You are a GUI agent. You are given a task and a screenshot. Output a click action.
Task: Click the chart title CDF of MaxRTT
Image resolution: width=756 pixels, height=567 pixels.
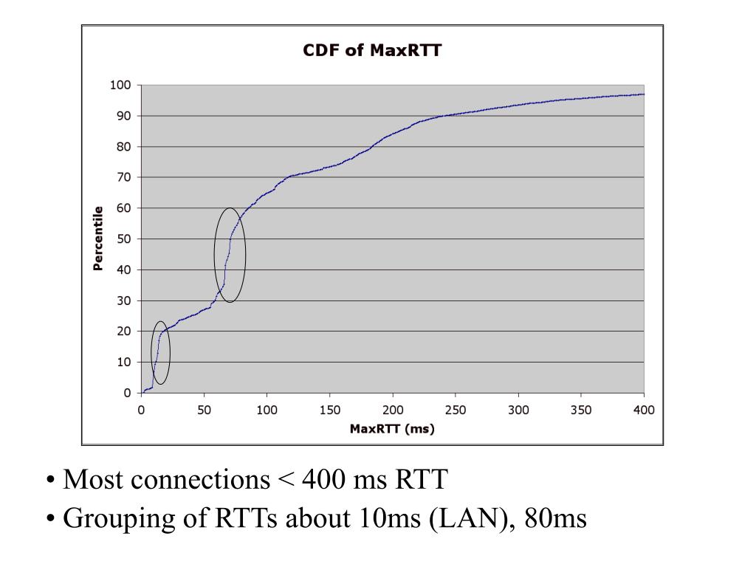[x=372, y=51]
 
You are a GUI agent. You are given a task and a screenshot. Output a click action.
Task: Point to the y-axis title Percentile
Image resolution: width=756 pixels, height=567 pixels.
[x=97, y=238]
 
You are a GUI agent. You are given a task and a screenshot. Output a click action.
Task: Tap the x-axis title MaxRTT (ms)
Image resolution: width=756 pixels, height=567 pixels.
[x=392, y=429]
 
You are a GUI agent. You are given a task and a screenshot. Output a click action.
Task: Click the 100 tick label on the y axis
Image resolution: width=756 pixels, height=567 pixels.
[x=120, y=85]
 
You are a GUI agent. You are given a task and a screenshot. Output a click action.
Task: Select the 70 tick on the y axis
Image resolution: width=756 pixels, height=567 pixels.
[x=123, y=177]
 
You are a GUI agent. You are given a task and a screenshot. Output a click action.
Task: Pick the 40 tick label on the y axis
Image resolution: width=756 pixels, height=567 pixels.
[x=123, y=269]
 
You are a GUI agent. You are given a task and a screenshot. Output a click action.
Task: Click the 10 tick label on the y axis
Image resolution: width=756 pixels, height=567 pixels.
[x=123, y=362]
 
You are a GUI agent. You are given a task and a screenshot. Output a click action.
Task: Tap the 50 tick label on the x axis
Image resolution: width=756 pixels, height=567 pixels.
[x=204, y=410]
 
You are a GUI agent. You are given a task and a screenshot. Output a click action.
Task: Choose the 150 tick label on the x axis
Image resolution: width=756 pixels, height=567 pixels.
[x=330, y=410]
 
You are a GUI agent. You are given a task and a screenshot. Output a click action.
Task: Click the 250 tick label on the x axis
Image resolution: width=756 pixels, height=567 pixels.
[x=456, y=410]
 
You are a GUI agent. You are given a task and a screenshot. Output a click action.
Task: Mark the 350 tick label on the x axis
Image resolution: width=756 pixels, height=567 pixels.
[x=581, y=410]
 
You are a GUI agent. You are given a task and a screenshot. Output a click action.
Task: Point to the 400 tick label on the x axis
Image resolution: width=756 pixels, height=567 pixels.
[x=644, y=410]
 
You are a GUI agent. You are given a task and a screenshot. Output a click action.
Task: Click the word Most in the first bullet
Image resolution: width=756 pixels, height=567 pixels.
[x=93, y=481]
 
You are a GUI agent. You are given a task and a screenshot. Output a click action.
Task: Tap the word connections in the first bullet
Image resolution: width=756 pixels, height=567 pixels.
[x=200, y=481]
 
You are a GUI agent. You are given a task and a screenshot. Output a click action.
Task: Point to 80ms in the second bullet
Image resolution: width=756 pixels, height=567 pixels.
[x=555, y=519]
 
